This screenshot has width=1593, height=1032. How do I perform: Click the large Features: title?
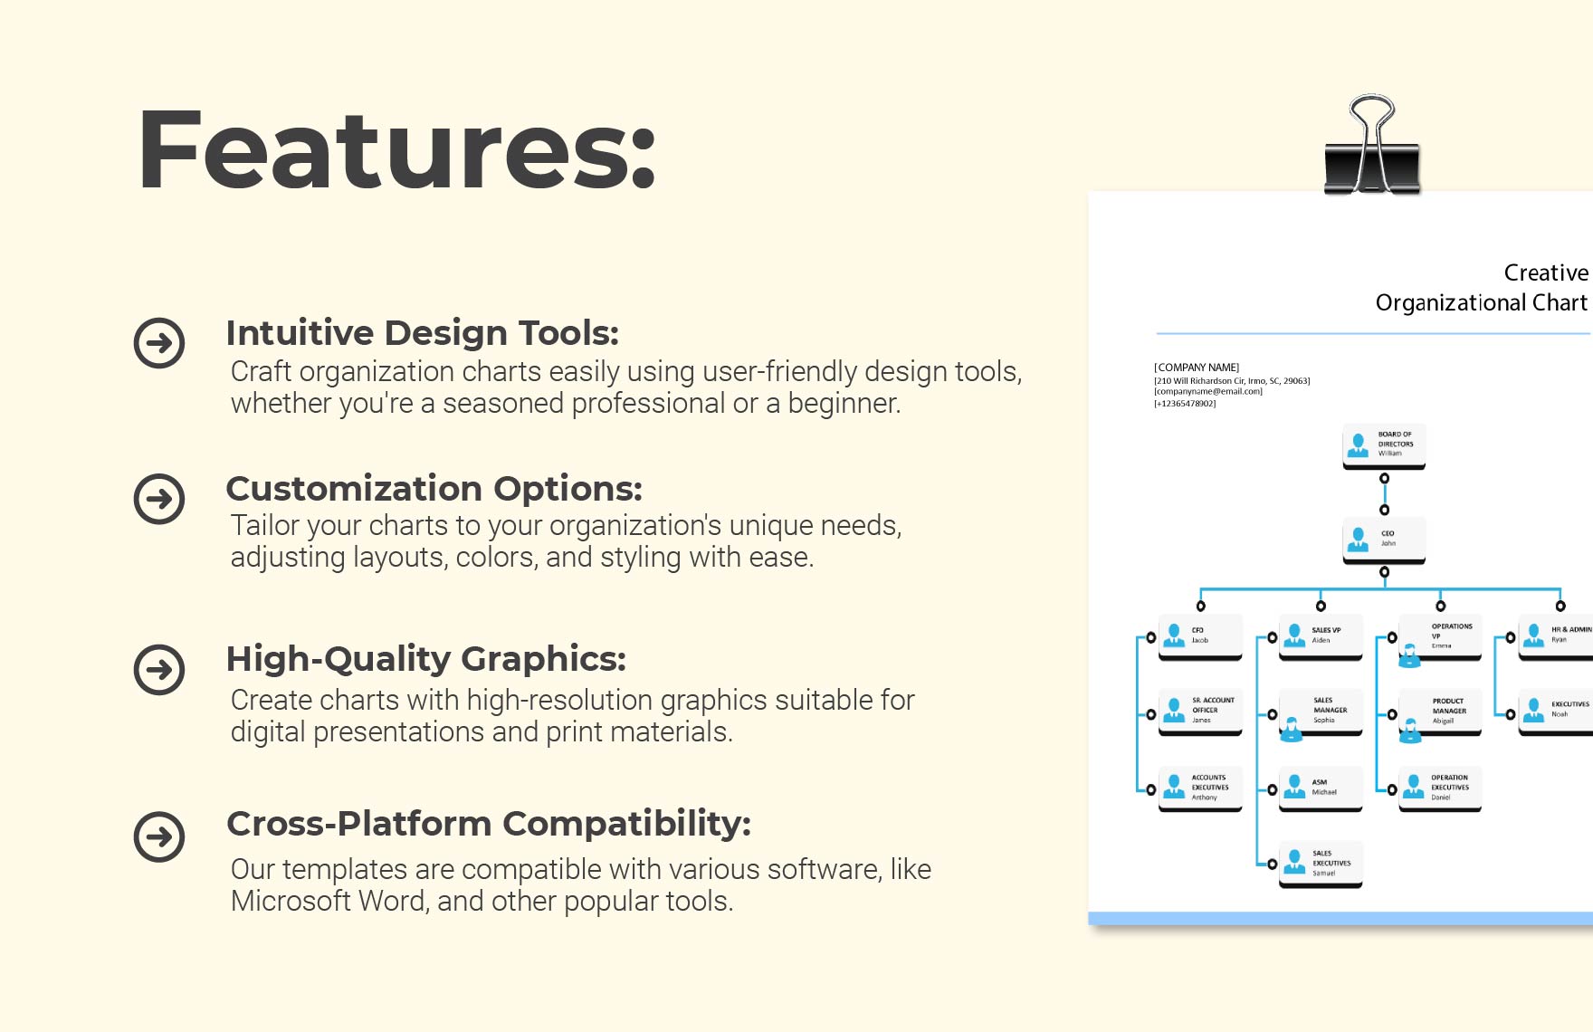point(396,149)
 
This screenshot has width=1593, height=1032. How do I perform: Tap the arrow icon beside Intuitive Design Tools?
point(159,343)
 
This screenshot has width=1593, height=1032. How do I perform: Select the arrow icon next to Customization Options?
point(159,499)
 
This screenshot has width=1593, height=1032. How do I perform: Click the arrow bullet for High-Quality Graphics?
point(159,670)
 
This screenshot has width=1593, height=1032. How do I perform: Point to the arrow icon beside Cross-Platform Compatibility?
point(159,836)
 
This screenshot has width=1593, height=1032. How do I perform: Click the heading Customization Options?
point(434,489)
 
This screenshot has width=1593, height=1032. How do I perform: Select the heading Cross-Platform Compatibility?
point(489,824)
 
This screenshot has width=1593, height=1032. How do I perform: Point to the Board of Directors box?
point(1383,444)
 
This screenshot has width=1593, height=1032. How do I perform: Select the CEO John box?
point(1383,540)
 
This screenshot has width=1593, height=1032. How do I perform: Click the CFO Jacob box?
point(1200,635)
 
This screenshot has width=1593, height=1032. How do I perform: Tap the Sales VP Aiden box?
point(1320,635)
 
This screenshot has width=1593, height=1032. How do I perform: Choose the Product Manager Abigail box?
point(1440,712)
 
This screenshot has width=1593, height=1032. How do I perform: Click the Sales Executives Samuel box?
point(1320,864)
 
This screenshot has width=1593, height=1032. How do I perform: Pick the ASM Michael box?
point(1320,788)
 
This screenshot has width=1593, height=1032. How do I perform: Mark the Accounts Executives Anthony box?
point(1200,788)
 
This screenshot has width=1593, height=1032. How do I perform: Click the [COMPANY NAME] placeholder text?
point(1197,368)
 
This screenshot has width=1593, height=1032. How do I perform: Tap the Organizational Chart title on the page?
point(1481,302)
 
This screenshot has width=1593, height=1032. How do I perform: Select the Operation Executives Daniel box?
point(1440,788)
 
